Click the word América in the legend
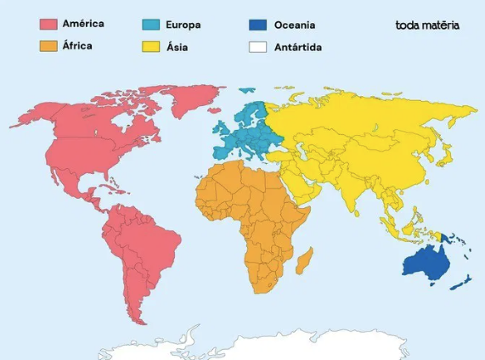83,25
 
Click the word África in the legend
78,46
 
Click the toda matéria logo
428,25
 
